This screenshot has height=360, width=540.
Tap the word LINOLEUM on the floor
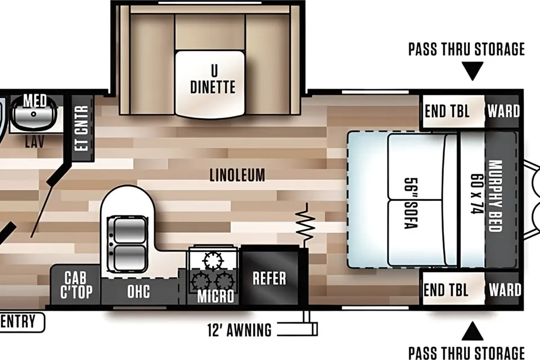click(237, 175)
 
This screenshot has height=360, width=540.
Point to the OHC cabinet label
click(138, 291)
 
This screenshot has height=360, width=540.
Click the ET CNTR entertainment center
click(82, 128)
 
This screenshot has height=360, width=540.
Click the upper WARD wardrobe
click(503, 111)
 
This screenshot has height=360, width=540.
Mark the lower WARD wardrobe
click(503, 289)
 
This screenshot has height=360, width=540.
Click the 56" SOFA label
click(411, 203)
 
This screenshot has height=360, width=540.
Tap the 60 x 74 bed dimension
click(477, 193)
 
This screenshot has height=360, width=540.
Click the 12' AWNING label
click(240, 330)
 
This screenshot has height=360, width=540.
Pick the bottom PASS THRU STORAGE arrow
click(472, 331)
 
